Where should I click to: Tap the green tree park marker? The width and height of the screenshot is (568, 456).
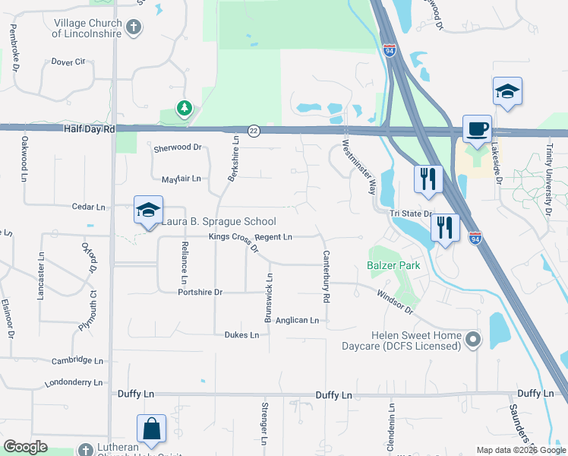pos(184,109)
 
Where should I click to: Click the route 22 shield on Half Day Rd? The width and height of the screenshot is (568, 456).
pos(254,131)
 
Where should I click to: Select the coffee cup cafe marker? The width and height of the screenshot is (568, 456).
pos(477,128)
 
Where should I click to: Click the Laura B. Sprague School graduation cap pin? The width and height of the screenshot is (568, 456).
pos(148,210)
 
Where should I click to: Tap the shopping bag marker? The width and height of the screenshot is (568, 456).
pos(151,428)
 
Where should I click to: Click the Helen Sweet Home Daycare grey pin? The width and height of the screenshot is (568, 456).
pos(474,339)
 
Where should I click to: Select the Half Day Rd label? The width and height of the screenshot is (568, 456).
pos(90,130)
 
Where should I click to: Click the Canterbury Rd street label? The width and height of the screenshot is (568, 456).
pos(327,277)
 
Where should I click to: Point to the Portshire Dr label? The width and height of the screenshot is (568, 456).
pos(200,292)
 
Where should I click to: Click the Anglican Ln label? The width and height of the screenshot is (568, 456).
pos(297,321)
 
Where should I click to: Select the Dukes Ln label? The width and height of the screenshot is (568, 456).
pos(241,334)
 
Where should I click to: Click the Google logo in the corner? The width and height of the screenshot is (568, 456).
pos(25,447)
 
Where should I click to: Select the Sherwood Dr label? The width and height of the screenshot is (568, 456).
pos(178,147)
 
